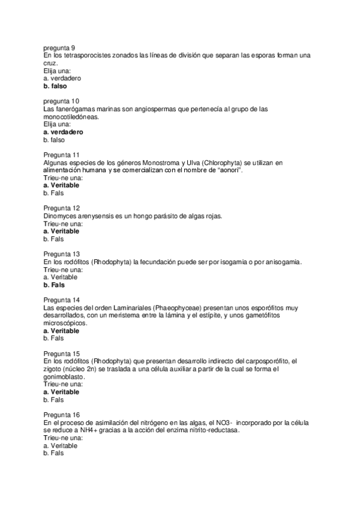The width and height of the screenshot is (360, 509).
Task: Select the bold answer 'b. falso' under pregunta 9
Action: (x=55, y=86)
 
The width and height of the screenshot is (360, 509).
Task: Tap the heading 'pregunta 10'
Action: (x=61, y=101)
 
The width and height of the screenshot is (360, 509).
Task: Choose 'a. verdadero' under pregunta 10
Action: (x=63, y=131)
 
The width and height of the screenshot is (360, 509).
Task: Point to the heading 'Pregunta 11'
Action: (x=61, y=154)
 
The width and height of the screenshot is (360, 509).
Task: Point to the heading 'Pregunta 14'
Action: (x=61, y=300)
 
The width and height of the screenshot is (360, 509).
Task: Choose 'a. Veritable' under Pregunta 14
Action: (x=61, y=330)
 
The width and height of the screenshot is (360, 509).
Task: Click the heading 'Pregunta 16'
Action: (x=61, y=415)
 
